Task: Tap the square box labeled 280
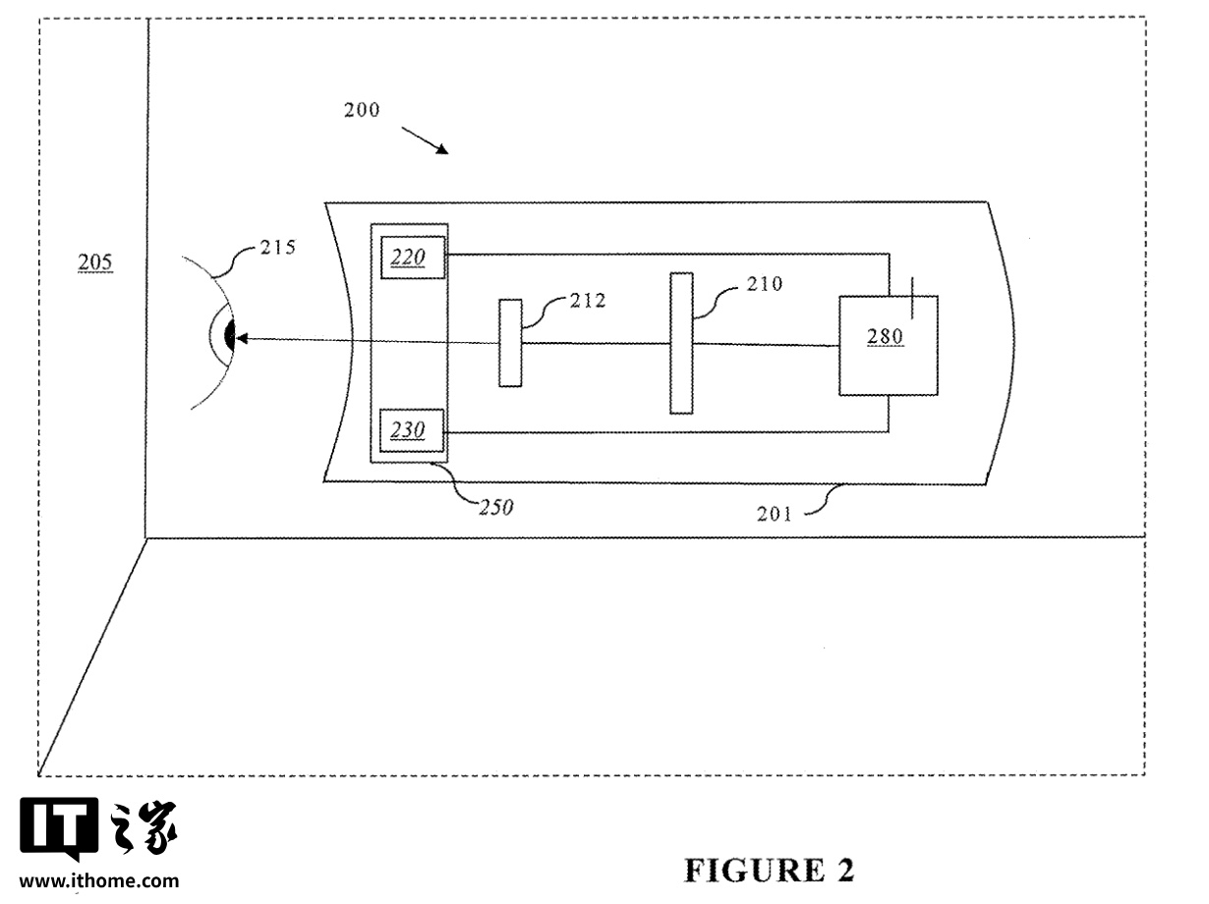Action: click(887, 346)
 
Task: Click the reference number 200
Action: click(361, 110)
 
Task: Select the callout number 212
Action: click(587, 301)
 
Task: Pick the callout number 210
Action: click(764, 285)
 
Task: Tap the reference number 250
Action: click(495, 507)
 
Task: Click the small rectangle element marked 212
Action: click(509, 343)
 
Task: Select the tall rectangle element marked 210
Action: click(681, 343)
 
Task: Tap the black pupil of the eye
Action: click(230, 336)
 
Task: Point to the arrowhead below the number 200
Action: click(442, 149)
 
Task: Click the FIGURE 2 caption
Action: click(769, 871)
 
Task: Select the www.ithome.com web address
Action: click(99, 881)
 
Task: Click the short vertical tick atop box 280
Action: click(914, 296)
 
